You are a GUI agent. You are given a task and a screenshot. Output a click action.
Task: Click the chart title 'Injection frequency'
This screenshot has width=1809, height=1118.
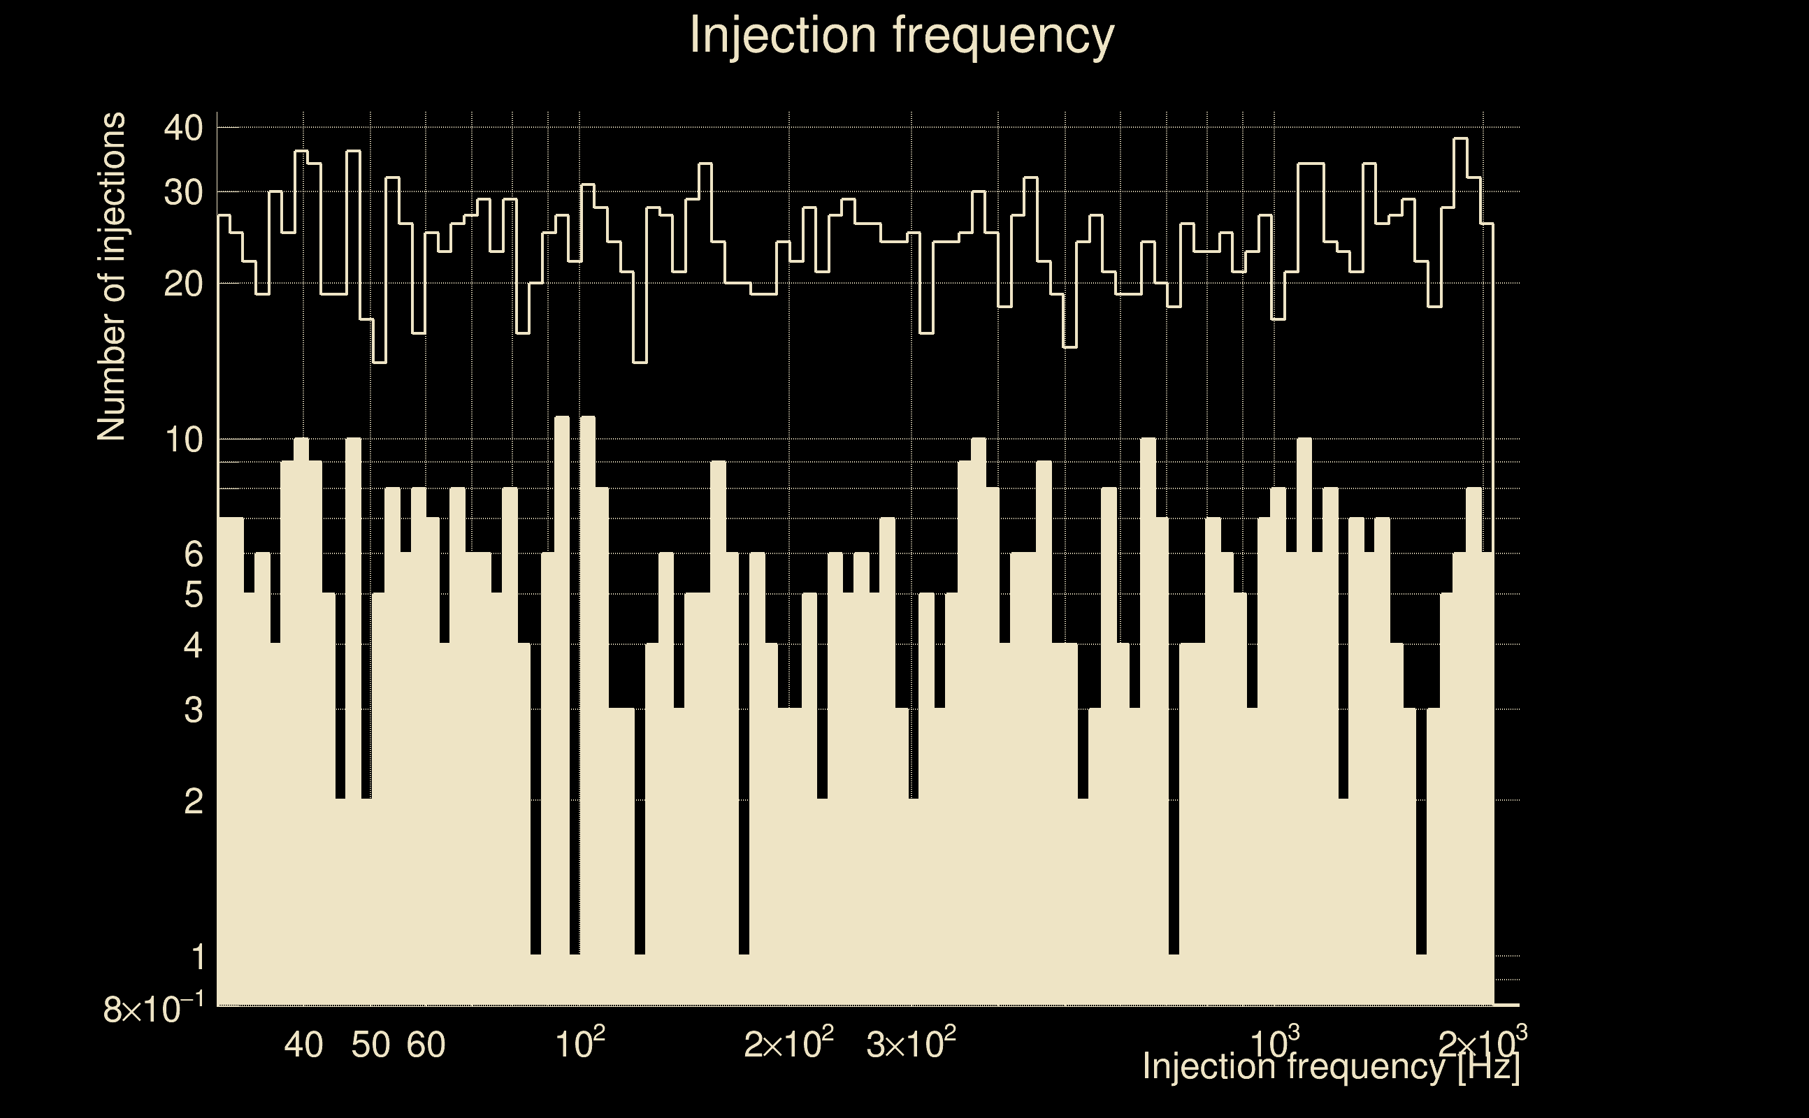click(902, 35)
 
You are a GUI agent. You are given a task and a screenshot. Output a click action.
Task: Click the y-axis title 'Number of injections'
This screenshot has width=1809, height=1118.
click(112, 277)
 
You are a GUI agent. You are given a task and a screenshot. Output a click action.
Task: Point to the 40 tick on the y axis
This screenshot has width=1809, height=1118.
click(183, 129)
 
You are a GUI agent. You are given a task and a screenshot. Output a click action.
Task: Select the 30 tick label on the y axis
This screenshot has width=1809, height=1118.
click(183, 193)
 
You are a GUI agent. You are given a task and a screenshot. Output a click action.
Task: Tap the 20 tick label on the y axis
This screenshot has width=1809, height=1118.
click(183, 284)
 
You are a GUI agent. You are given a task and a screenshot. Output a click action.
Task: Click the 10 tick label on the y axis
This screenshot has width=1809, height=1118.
click(183, 440)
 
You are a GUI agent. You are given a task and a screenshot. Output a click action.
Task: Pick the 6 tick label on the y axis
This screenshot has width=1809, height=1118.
click(193, 554)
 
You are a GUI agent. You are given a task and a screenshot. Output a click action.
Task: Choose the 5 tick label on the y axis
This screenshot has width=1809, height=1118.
click(193, 595)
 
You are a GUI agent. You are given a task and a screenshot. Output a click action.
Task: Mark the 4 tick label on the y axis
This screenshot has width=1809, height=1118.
click(193, 646)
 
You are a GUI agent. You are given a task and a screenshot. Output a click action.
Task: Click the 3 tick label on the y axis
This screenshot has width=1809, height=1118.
click(193, 710)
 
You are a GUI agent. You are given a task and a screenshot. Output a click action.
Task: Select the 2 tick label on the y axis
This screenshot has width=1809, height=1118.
click(193, 801)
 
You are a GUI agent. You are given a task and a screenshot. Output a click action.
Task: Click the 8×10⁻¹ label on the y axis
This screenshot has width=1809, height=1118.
click(154, 1008)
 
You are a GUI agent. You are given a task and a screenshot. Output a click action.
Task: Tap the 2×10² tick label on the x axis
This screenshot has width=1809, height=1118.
click(789, 1044)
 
